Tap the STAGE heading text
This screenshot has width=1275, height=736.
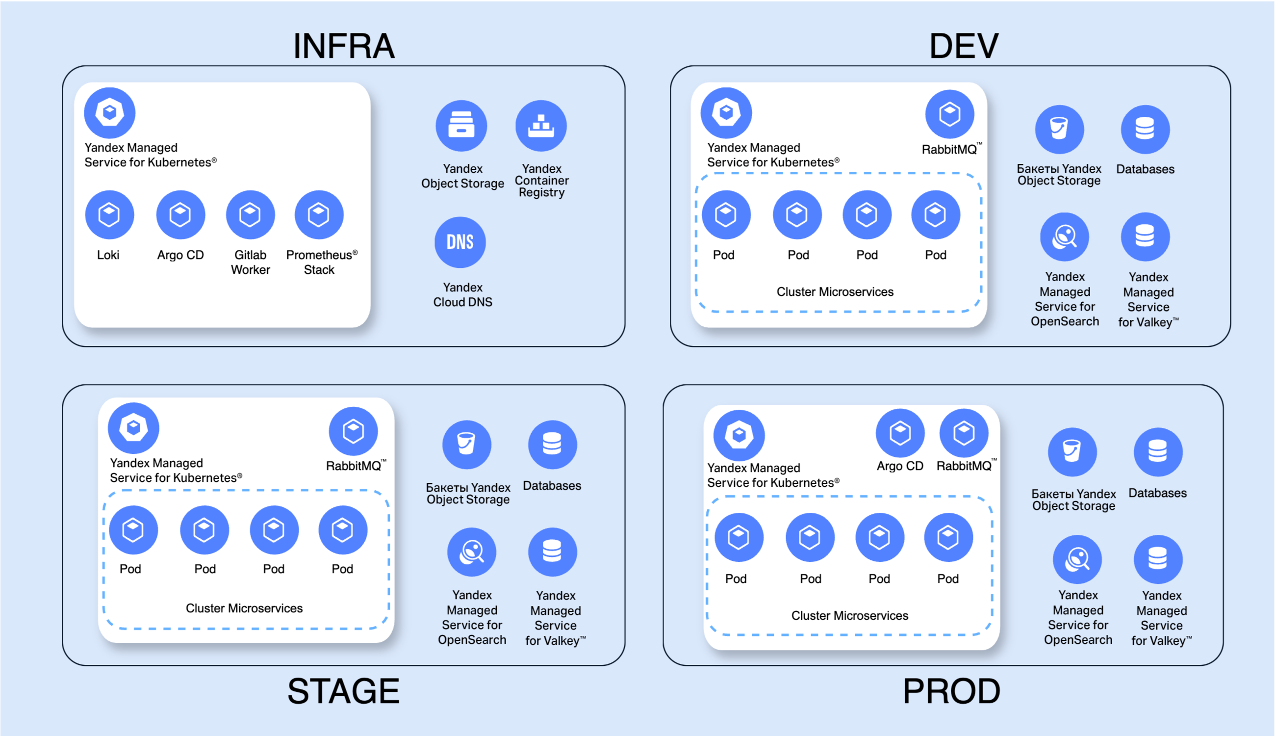tap(343, 691)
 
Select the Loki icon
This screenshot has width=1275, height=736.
tap(110, 215)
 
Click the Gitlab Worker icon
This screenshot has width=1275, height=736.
tap(251, 215)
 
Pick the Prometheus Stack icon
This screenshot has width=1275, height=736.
tap(319, 215)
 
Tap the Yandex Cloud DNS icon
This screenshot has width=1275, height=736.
tap(460, 242)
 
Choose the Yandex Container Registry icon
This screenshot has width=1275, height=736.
tap(541, 126)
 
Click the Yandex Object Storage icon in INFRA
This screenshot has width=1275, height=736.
tap(461, 126)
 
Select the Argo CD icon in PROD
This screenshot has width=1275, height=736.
tap(900, 433)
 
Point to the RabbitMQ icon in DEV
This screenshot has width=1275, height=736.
tap(950, 114)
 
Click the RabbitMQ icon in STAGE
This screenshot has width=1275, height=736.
tap(353, 431)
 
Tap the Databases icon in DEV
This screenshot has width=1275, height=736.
tap(1145, 130)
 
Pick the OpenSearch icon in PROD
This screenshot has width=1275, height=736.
tap(1077, 559)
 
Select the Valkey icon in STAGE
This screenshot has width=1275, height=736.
tap(553, 552)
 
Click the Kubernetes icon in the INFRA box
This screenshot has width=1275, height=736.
tap(110, 113)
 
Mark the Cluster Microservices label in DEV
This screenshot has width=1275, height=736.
tap(835, 291)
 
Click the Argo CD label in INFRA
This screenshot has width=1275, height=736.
tap(180, 255)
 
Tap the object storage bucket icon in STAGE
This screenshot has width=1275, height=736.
tap(467, 445)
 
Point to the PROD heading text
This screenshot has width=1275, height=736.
tap(951, 691)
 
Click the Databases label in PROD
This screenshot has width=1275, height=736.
tap(1157, 493)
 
